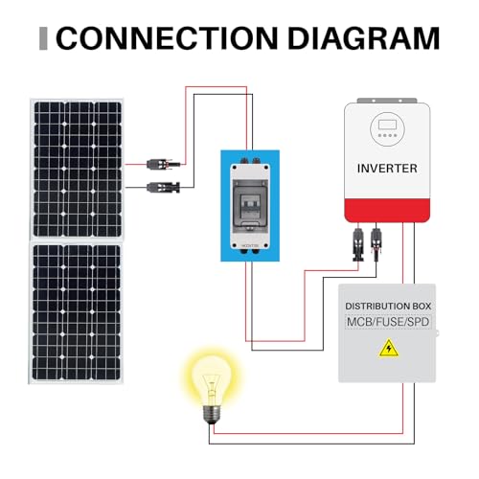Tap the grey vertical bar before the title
pyautogui.click(x=41, y=38)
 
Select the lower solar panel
pyautogui.click(x=79, y=312)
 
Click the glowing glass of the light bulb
pyautogui.click(x=208, y=375)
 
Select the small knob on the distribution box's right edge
pyautogui.click(x=437, y=334)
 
